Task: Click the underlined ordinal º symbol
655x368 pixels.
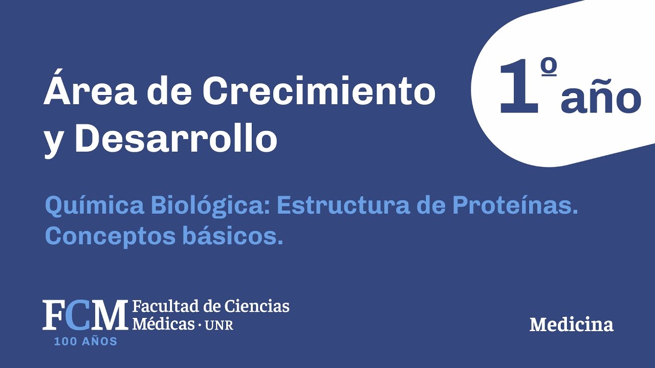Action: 548,67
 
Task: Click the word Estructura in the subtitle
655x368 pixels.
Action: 342,205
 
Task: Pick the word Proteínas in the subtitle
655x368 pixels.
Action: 515,205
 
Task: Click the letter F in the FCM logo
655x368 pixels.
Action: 53,315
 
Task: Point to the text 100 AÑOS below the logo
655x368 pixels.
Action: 85,341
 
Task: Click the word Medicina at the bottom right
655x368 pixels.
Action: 571,325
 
